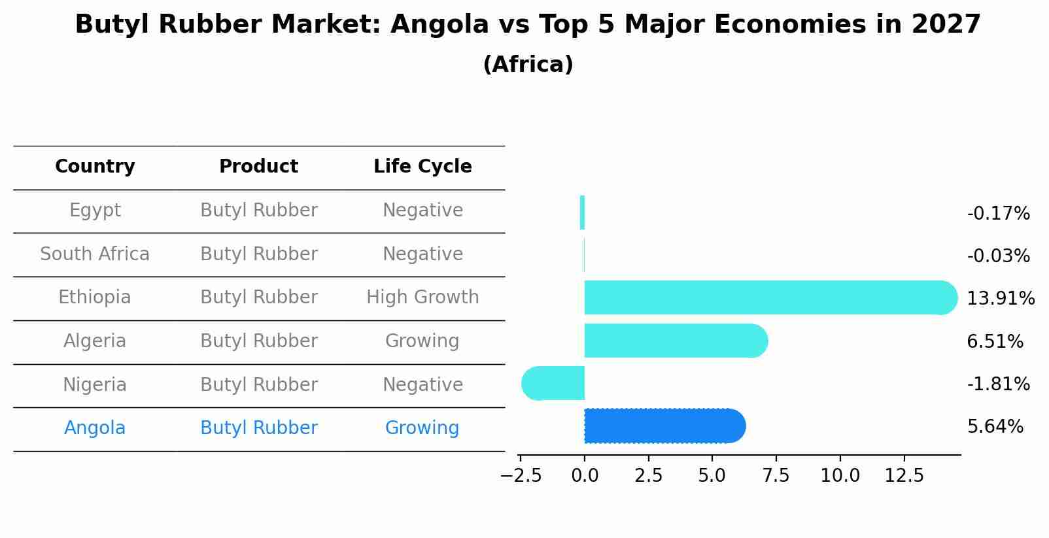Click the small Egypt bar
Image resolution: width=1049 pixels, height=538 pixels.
coord(582,212)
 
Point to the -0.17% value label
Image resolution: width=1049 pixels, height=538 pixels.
coord(998,214)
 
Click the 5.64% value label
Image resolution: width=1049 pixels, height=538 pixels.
coord(995,427)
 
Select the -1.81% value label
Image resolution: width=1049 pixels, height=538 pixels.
coord(998,384)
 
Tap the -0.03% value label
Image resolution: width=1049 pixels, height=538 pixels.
coord(998,256)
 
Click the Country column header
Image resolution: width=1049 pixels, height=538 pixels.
coord(95,167)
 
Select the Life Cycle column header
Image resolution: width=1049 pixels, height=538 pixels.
coord(422,167)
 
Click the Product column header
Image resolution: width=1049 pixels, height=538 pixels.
coord(258,167)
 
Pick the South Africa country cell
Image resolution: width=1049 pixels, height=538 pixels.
coord(95,254)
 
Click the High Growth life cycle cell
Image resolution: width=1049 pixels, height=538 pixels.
coord(422,297)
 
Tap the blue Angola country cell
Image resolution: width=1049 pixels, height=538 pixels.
coord(95,428)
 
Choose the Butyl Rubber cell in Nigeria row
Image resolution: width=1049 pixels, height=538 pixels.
coord(258,385)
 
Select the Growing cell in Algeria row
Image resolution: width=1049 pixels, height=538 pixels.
coord(422,341)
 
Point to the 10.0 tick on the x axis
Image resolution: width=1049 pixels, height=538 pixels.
coord(840,476)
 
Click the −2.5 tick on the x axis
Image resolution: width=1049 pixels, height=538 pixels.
coord(521,476)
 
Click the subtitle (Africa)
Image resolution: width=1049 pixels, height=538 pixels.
coord(528,65)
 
